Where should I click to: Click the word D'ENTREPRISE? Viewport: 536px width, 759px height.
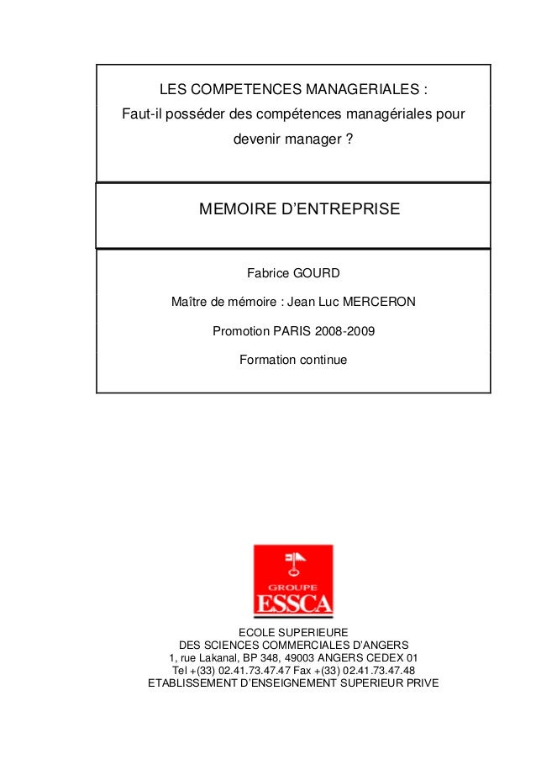(340, 208)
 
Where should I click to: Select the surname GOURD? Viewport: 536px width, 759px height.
(316, 274)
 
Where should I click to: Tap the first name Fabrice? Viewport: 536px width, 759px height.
(266, 274)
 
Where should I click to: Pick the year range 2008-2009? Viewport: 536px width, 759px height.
(342, 331)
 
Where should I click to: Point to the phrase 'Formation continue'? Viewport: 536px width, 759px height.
(292, 360)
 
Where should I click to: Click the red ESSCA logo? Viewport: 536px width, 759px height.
(293, 581)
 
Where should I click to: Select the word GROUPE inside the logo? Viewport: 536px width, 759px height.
(293, 588)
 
